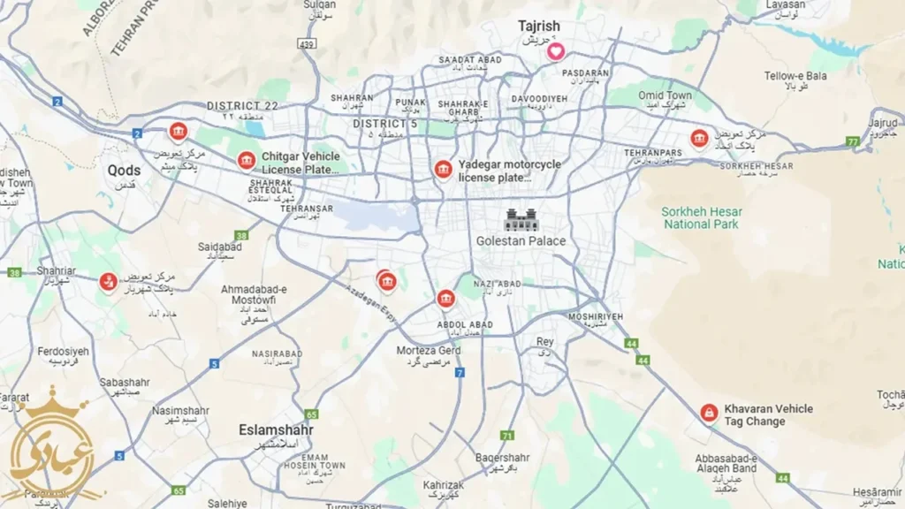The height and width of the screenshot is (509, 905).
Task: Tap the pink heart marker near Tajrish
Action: click(x=555, y=51)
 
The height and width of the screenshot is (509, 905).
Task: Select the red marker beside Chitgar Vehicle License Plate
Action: click(x=246, y=160)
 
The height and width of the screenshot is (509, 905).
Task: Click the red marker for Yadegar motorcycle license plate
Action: click(x=443, y=169)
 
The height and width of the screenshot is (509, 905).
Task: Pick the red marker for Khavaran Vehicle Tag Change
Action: click(x=709, y=413)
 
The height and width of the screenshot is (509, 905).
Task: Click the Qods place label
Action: click(x=124, y=171)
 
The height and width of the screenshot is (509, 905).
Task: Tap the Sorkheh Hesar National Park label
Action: click(x=702, y=217)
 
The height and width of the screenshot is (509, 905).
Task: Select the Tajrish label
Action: click(x=538, y=27)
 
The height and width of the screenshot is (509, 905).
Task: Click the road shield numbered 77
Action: click(x=852, y=141)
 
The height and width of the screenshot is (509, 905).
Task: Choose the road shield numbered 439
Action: click(x=307, y=43)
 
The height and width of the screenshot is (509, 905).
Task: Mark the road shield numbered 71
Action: click(x=506, y=436)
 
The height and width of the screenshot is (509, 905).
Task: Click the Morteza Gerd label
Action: click(x=428, y=351)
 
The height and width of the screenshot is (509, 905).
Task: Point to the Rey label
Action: click(x=545, y=341)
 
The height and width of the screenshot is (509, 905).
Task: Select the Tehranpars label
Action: click(x=654, y=153)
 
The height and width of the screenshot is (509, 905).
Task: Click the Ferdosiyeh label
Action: click(x=63, y=351)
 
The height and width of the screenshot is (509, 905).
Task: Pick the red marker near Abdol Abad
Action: click(x=445, y=299)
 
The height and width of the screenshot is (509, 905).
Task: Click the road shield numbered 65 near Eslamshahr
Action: click(x=310, y=414)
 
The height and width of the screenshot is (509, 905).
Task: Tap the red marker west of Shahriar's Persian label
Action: click(x=108, y=282)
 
